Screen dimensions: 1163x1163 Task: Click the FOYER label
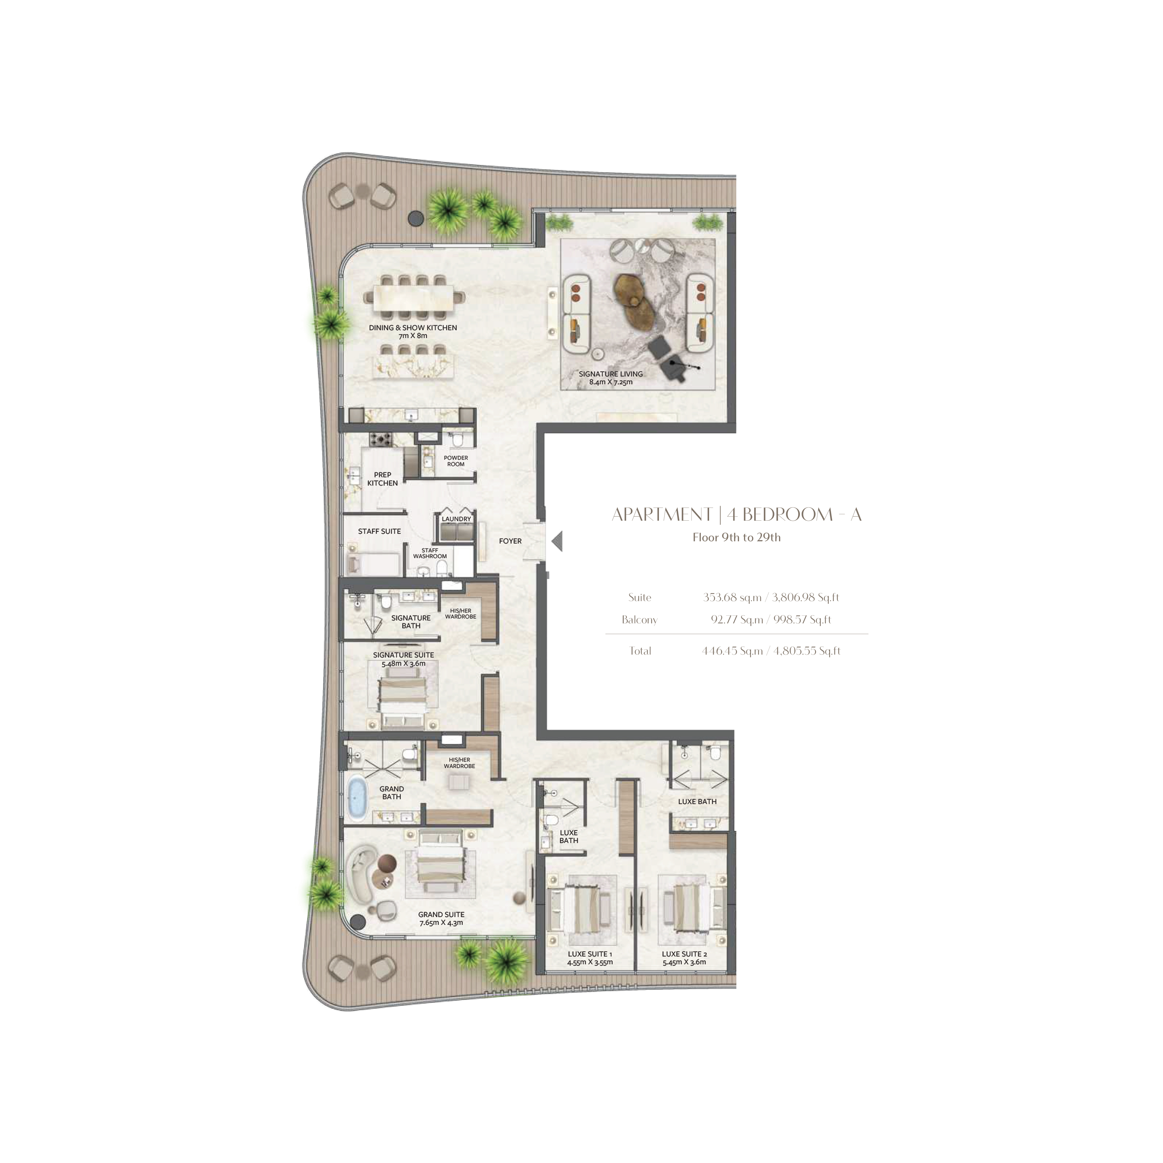510,541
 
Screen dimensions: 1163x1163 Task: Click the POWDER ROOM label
456,461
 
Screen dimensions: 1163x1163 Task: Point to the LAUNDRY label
456,519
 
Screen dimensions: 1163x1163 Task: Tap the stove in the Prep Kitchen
380,439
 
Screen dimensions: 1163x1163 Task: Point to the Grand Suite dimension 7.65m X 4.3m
441,923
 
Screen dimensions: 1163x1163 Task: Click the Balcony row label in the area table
639,620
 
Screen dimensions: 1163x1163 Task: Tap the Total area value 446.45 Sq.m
732,651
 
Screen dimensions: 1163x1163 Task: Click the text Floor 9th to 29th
736,538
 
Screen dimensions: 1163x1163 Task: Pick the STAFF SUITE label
379,532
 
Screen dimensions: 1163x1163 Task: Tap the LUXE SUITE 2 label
685,954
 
